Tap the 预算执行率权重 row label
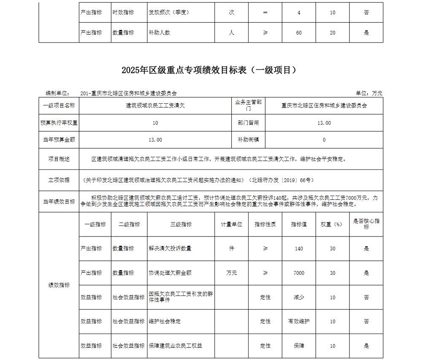click(59, 123)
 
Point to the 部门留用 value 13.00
click(324, 123)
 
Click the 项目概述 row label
click(59, 159)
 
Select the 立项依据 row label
click(59, 180)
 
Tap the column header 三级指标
click(181, 225)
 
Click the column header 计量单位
click(231, 225)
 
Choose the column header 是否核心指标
click(366, 224)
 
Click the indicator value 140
click(299, 249)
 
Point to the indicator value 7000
click(299, 273)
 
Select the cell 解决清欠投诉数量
click(170, 249)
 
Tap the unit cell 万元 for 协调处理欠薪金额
click(231, 273)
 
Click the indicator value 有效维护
click(299, 321)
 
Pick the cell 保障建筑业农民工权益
click(175, 346)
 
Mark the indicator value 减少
click(299, 297)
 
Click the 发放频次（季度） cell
click(168, 13)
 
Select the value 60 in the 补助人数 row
click(299, 32)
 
